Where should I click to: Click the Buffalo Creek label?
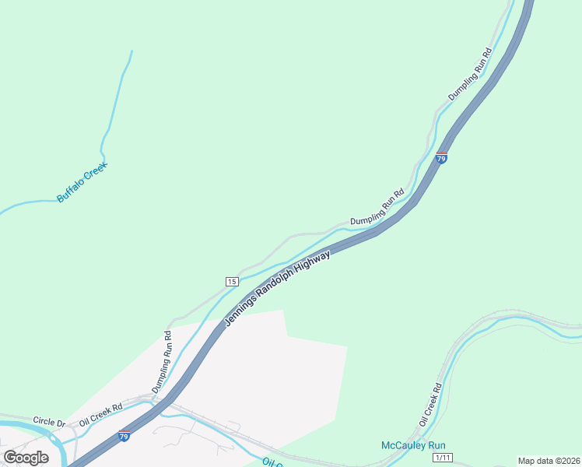pyautogui.click(x=82, y=182)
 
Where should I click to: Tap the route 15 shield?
pyautogui.click(x=232, y=281)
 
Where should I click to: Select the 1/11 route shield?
pyautogui.click(x=443, y=458)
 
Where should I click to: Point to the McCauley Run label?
pyautogui.click(x=412, y=446)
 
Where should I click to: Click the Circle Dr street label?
pyautogui.click(x=49, y=421)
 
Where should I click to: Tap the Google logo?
pyautogui.click(x=26, y=458)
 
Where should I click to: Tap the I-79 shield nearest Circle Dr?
pyautogui.click(x=124, y=437)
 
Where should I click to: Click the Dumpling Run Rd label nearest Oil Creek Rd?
pyautogui.click(x=161, y=361)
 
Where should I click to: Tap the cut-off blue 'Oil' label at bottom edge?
pyautogui.click(x=269, y=462)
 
